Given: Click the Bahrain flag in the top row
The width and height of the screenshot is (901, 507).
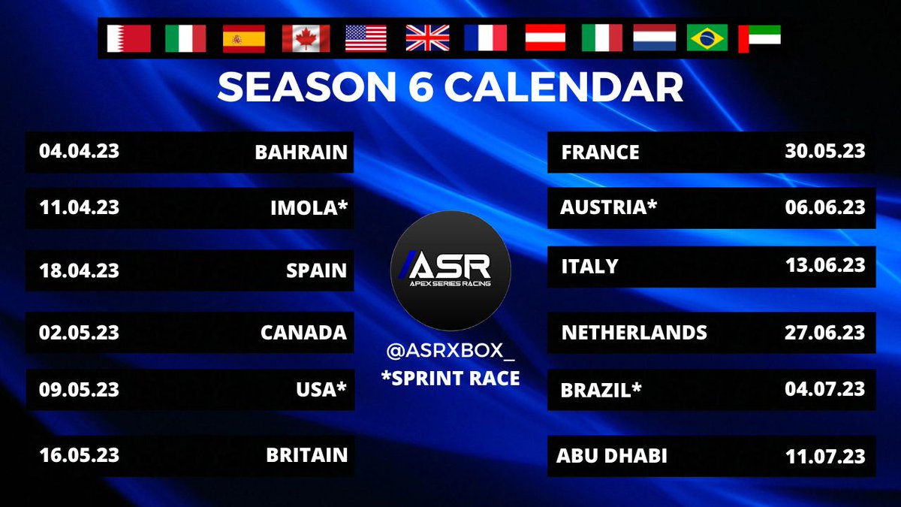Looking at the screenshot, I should coord(128,38).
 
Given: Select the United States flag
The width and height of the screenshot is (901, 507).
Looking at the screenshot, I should coord(366,38).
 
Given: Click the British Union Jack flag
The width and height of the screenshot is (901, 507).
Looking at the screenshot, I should coord(427,38).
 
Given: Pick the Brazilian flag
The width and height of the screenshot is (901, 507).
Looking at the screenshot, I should coord(707,38).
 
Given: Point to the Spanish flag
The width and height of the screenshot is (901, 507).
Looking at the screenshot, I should coord(243,38).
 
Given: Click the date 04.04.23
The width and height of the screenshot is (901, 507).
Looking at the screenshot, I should coord(79,151).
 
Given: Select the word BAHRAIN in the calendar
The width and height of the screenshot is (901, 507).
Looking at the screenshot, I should coord(301,152).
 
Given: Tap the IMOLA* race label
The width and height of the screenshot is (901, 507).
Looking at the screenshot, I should coord(309,207).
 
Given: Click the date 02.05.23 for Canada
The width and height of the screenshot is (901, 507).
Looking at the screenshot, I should coord(79,331).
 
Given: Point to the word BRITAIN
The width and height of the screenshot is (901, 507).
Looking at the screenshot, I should coord(306,455).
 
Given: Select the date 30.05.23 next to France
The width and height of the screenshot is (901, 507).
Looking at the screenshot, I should coord(824,151).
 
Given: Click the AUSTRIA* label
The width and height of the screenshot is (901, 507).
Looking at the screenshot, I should coord(608,207).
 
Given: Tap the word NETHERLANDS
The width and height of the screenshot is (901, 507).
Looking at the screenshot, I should coord(634,332).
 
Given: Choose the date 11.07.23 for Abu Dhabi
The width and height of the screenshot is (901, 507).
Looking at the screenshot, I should coord(824,456).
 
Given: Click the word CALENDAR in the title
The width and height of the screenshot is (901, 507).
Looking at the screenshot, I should coord(563,88).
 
